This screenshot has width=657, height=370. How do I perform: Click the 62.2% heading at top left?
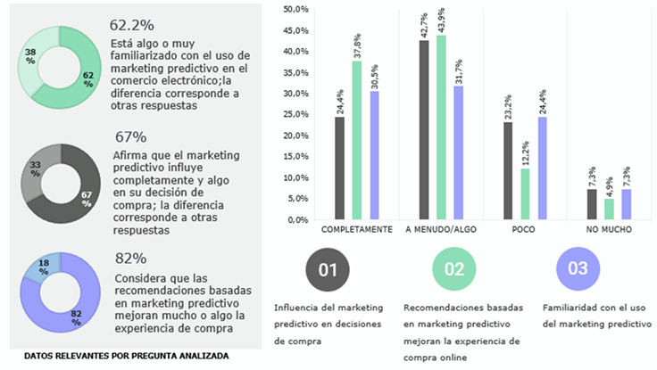point(132,25)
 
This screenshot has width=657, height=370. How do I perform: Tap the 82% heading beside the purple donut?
point(130,259)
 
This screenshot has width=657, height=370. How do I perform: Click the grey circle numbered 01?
point(327,268)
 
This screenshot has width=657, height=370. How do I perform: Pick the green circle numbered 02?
point(454,268)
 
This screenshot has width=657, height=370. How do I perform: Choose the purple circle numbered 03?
point(578,268)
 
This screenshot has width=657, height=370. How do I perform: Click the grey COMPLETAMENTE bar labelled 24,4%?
point(339,168)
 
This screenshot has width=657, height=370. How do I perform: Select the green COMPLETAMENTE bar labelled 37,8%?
point(356,140)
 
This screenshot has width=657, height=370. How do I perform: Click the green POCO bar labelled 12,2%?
point(525,193)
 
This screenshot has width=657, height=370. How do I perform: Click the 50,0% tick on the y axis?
point(295,10)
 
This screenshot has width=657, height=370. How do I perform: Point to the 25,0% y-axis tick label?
point(295,115)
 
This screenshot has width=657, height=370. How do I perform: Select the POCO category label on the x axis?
point(525,229)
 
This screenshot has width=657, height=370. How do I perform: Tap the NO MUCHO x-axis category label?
point(610,229)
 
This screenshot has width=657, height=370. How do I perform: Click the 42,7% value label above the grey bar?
point(424,26)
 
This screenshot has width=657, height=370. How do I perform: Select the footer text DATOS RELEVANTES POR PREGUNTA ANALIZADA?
point(126,356)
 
